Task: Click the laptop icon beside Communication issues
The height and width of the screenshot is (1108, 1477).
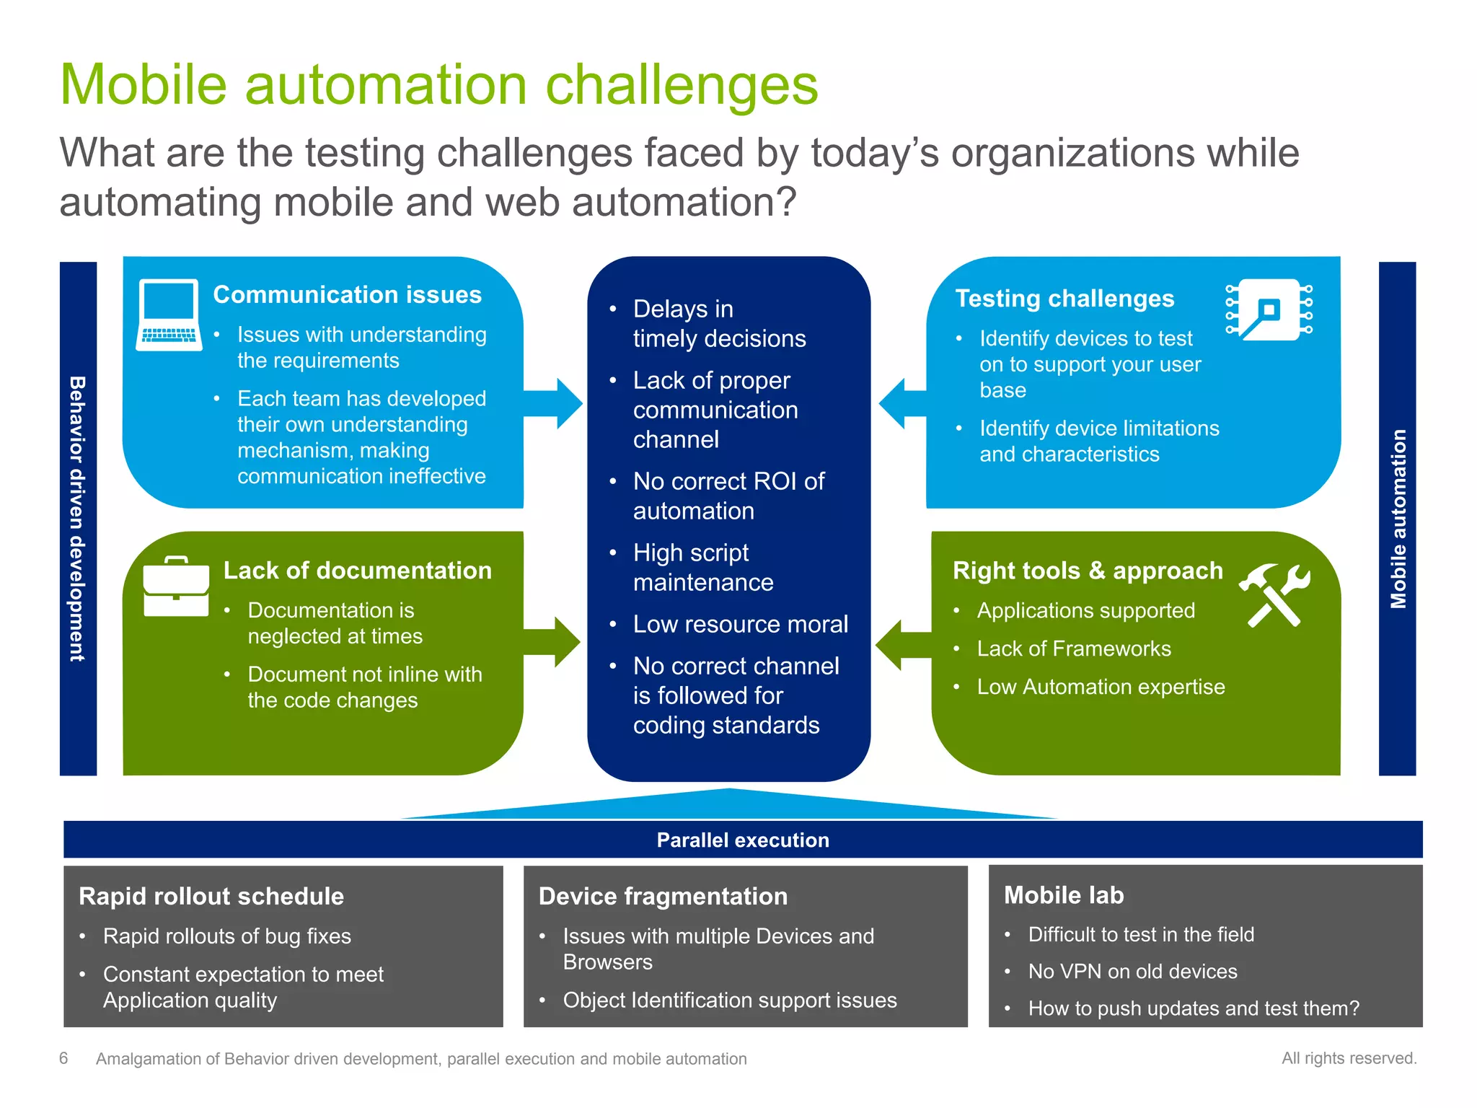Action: pos(169,315)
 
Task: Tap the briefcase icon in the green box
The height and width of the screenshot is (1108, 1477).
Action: pos(176,587)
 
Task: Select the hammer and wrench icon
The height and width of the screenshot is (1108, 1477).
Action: pos(1274,594)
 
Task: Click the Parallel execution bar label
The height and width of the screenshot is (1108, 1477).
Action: pos(743,840)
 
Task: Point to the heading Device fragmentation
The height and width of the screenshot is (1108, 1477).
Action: pos(663,896)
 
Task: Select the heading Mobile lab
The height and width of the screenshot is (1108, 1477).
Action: pos(1064,895)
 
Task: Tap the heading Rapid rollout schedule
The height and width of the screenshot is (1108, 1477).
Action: pos(211,896)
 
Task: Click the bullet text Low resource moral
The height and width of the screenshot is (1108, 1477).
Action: pos(740,624)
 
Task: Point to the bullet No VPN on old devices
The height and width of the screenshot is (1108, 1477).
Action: pos(1132,972)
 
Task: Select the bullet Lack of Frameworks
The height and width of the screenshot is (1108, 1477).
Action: pos(1073,648)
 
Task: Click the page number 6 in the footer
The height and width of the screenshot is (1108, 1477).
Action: pos(63,1058)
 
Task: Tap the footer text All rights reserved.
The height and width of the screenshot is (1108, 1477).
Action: pos(1349,1058)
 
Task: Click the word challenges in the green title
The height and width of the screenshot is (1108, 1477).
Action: pos(682,85)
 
